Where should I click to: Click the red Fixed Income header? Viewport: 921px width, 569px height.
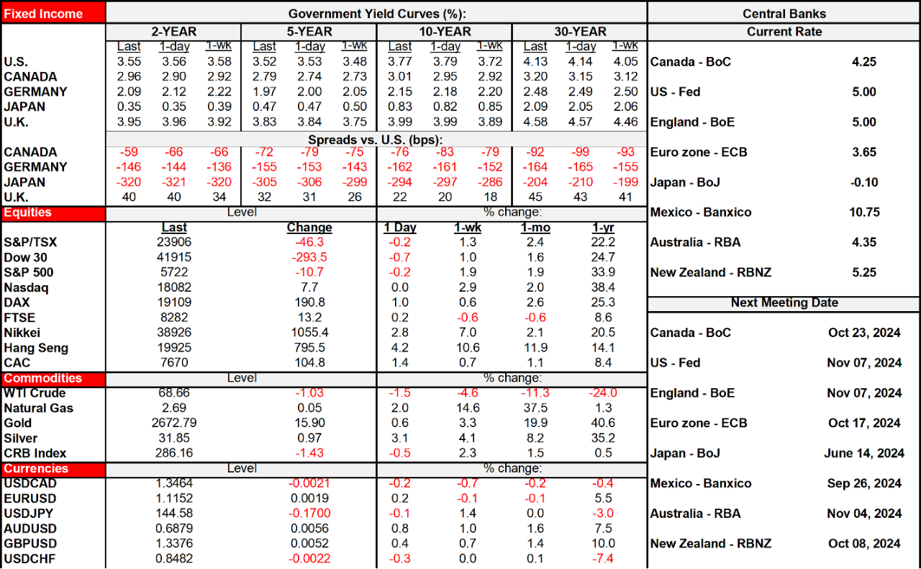[43, 13]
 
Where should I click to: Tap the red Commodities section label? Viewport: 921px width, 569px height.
[43, 378]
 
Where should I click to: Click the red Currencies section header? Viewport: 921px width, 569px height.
[36, 469]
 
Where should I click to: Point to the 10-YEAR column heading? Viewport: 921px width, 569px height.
[445, 32]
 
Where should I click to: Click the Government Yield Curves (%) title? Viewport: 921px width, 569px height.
[376, 14]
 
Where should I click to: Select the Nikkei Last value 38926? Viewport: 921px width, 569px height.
[174, 333]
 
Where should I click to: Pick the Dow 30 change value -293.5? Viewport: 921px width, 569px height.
[309, 257]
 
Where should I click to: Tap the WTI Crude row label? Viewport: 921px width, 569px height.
[35, 393]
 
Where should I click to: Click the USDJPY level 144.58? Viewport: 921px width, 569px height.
[174, 514]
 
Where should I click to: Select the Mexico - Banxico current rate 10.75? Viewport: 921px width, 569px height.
[863, 212]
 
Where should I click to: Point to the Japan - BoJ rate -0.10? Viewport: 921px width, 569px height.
[863, 182]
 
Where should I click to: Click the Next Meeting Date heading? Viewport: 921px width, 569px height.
[784, 303]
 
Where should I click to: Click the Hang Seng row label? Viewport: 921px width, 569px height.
[36, 348]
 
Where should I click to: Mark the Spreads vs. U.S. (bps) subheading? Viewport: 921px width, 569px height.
[375, 139]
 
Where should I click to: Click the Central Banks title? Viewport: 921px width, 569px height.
[784, 14]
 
